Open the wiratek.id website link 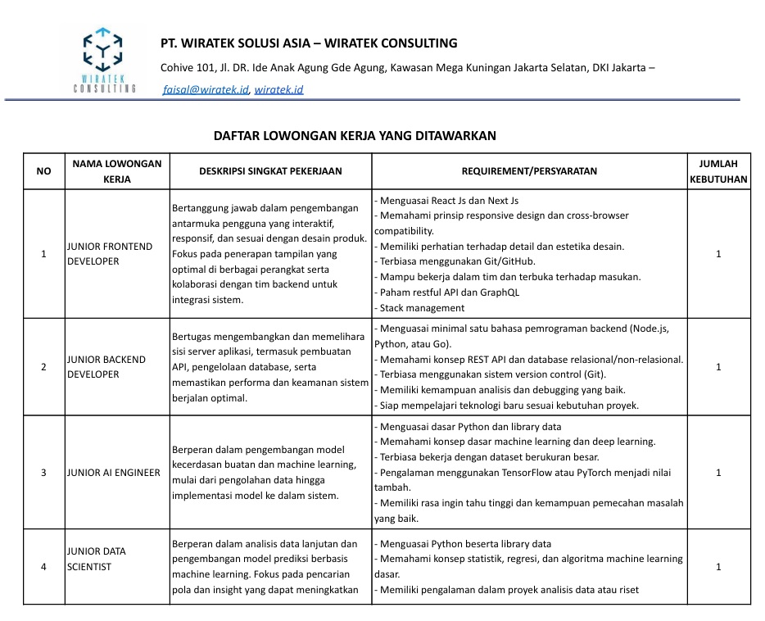278,89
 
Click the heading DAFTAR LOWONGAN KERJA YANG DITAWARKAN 355,136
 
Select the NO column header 43,171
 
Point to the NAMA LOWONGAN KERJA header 117,171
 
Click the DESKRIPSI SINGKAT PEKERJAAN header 270,171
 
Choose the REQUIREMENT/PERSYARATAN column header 529,171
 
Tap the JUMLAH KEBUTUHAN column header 718,171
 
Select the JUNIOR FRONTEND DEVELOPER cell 110,254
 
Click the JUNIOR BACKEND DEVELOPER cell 106,366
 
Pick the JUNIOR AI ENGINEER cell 114,473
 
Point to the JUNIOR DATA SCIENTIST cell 97,559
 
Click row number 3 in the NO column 43,473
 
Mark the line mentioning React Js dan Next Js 447,200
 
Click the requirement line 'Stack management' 421,308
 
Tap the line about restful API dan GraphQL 448,292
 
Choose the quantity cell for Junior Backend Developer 718,367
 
